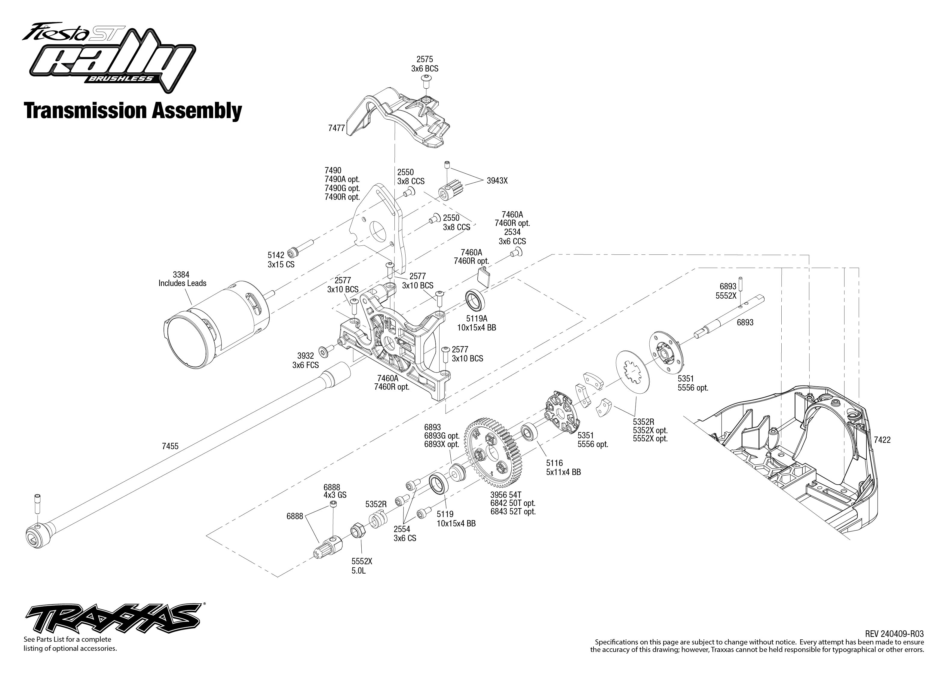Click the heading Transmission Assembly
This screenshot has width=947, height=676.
point(133,111)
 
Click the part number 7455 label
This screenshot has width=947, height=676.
point(170,446)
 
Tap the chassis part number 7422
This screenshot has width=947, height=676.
point(882,440)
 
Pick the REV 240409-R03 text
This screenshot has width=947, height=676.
point(894,634)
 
